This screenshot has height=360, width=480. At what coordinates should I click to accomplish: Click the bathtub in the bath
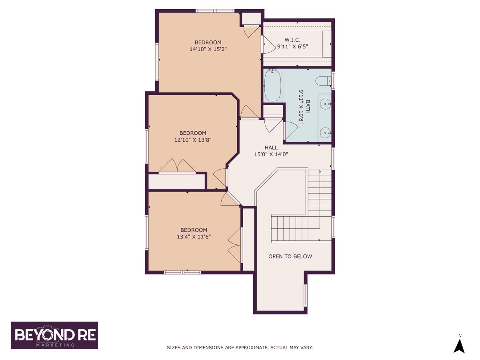(272, 85)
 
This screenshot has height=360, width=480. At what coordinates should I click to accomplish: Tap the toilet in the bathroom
(324, 81)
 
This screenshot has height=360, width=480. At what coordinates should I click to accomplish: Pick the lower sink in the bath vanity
(325, 133)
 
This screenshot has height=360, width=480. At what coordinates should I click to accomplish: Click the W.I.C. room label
(292, 40)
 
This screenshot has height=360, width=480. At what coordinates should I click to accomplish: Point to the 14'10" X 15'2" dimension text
(208, 49)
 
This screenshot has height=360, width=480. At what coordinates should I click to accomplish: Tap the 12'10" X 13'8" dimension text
(193, 140)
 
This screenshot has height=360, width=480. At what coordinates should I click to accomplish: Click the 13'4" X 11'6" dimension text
(194, 237)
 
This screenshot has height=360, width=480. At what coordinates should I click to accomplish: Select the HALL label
(271, 148)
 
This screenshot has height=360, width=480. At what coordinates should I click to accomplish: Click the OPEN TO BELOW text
(290, 256)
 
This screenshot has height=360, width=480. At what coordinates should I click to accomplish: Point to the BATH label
(308, 107)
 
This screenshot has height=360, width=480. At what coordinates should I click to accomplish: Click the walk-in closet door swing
(268, 44)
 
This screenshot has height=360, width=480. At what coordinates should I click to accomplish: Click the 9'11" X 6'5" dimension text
(292, 46)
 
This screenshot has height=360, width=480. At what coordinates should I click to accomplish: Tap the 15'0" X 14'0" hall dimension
(271, 154)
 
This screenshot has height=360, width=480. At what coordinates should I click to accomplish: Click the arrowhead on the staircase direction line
(320, 171)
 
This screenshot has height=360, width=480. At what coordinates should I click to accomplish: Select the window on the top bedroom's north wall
(215, 11)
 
